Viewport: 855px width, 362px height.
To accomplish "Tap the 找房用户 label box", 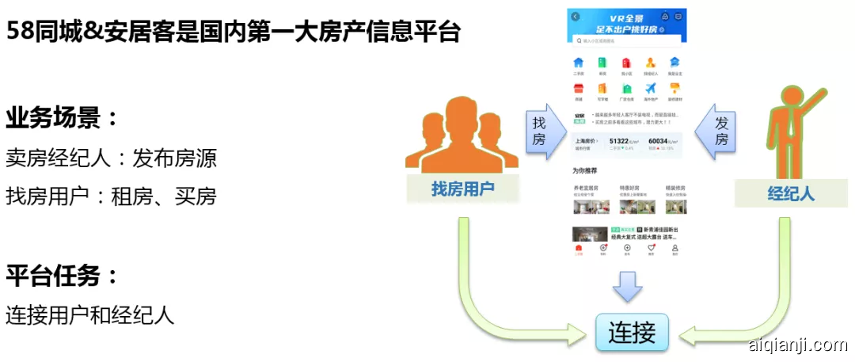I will pyautogui.click(x=463, y=189).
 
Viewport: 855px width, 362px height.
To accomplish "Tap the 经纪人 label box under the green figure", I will pyautogui.click(x=791, y=193).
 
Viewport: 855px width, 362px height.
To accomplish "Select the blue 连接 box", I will pyautogui.click(x=631, y=332).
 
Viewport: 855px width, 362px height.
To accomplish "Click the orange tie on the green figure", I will pyautogui.click(x=787, y=131).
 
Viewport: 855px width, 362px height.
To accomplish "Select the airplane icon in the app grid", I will pyautogui.click(x=651, y=88).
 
